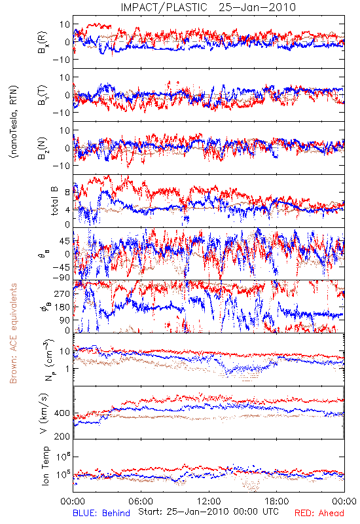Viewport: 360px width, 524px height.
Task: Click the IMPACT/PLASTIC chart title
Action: (164, 7)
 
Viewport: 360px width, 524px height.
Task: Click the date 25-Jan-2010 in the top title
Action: (257, 7)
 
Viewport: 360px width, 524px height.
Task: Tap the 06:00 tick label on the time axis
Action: (141, 501)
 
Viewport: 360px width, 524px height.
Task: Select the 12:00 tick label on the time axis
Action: (209, 501)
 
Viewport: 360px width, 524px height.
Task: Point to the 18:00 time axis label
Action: (277, 501)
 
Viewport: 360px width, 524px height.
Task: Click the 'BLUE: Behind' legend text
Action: (101, 513)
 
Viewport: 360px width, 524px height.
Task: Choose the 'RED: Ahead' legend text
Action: (319, 513)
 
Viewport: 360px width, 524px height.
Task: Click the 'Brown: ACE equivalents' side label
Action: (13, 333)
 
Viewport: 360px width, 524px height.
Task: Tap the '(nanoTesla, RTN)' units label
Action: (14, 122)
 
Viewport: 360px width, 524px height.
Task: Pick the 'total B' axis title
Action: (54, 200)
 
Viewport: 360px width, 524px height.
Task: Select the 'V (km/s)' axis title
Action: (44, 413)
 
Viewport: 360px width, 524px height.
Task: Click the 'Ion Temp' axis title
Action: (45, 466)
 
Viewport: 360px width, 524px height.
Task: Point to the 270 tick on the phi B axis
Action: (62, 293)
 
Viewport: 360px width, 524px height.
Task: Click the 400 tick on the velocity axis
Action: (62, 413)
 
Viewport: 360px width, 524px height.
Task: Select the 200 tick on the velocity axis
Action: (62, 436)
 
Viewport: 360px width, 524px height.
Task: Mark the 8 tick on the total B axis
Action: (67, 192)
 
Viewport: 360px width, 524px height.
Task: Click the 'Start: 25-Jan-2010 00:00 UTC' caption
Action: (208, 512)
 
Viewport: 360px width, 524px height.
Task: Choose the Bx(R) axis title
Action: (43, 42)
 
